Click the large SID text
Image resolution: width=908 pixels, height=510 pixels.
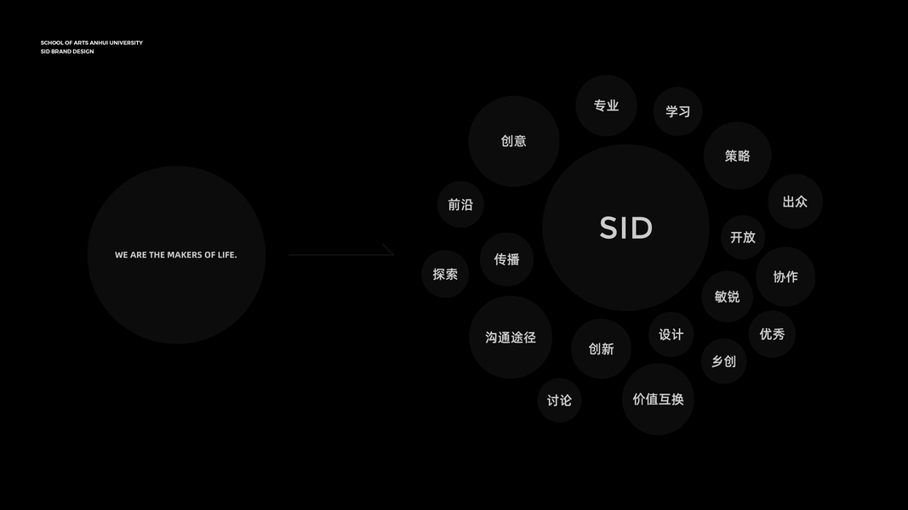click(625, 228)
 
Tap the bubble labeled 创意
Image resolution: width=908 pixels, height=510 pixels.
click(513, 141)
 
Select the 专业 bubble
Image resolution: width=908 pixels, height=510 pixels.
click(606, 105)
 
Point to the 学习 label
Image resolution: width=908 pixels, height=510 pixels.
click(677, 111)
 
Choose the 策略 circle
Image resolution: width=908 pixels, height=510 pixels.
click(737, 156)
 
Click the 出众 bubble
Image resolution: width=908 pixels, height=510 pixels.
click(795, 201)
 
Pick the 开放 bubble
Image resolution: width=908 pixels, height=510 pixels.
click(743, 237)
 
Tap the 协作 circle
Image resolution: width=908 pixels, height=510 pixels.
click(785, 276)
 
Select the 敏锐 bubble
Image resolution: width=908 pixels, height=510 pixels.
click(727, 297)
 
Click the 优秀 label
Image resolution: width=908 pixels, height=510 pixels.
click(772, 334)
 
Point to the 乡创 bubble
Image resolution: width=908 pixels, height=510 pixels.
click(723, 361)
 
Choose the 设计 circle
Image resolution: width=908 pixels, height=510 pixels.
click(671, 335)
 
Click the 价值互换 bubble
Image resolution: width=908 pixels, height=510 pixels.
click(658, 399)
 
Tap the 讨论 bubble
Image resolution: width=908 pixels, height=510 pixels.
click(559, 400)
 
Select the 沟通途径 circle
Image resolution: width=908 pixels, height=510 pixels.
click(511, 337)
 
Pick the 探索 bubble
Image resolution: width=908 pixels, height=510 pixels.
click(445, 274)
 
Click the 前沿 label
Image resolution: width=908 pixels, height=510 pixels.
click(460, 204)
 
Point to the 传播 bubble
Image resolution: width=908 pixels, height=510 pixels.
click(506, 259)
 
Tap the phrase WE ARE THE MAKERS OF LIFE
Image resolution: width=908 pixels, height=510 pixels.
click(176, 255)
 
